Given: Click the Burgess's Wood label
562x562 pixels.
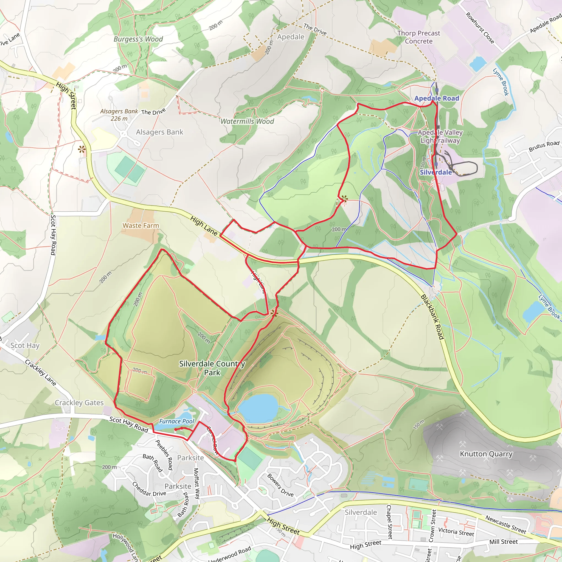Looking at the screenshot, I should click(138, 39).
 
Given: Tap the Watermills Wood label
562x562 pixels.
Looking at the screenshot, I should click(247, 121).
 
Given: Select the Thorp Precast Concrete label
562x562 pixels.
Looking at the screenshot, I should click(418, 37).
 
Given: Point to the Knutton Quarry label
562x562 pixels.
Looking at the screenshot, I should click(486, 454).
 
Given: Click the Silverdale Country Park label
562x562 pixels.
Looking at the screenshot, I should click(212, 368).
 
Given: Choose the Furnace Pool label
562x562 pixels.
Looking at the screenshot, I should click(176, 421).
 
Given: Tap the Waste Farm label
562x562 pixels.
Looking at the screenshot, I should click(141, 226).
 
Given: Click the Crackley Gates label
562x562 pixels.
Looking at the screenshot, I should click(79, 403).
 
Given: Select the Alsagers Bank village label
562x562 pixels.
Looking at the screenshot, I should click(160, 132).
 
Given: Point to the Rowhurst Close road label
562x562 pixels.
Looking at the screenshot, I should click(480, 28).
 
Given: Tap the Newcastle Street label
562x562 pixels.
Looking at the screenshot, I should click(505, 524).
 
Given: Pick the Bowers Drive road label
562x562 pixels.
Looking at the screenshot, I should click(280, 485).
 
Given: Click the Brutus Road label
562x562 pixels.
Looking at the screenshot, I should click(544, 146).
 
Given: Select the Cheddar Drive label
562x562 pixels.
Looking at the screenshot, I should click(149, 489).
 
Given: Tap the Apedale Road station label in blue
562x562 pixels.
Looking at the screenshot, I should click(437, 98).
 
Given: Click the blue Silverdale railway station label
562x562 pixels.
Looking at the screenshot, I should click(436, 172).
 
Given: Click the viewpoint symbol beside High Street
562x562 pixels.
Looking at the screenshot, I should click(82, 150).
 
